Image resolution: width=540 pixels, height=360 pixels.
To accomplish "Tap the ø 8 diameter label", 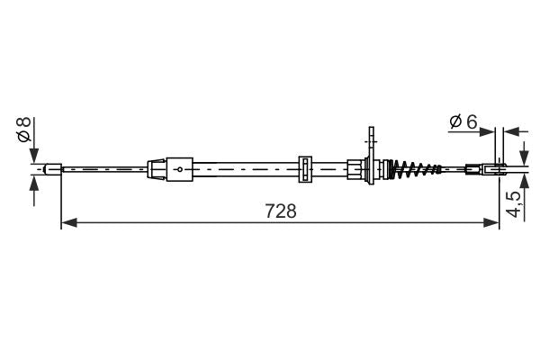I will click(24, 130).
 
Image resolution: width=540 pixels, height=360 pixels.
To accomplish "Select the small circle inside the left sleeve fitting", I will click(179, 168).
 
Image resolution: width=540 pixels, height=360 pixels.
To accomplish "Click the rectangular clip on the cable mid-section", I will click(304, 167).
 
